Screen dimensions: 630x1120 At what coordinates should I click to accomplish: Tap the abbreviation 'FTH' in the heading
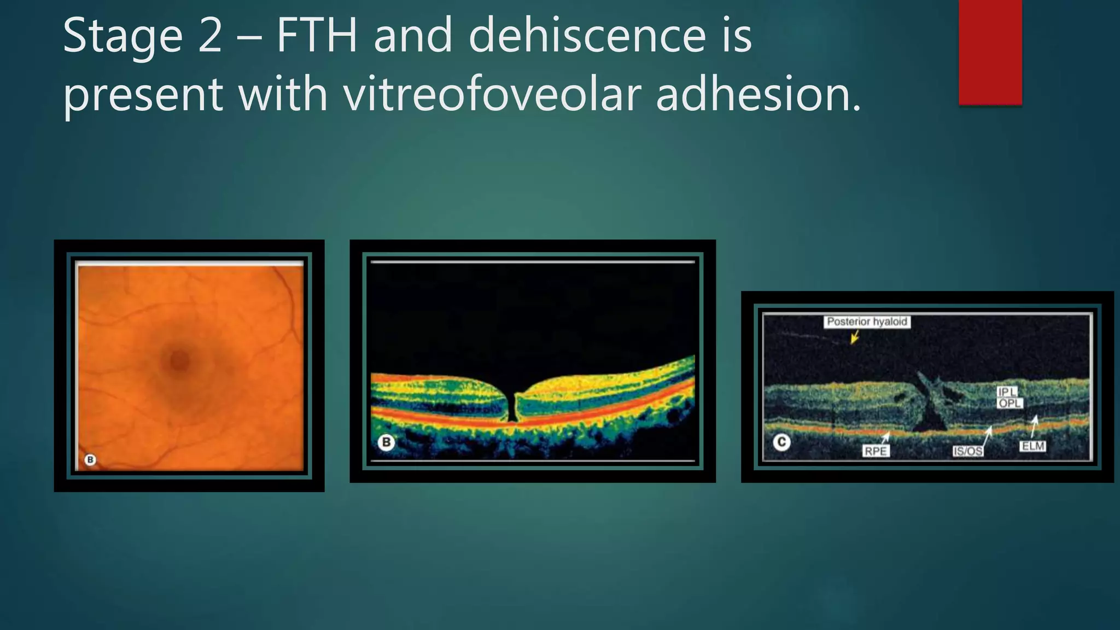click(317, 36)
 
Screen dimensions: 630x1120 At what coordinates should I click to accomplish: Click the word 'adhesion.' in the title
click(758, 94)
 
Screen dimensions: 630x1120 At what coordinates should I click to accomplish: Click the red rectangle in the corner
click(990, 52)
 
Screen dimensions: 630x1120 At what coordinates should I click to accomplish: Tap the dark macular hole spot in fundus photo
click(179, 360)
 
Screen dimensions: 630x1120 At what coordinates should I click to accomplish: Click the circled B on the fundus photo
click(91, 459)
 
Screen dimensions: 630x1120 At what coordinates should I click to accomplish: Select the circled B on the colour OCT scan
click(386, 442)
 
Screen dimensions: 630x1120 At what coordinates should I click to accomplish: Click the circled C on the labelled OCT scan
click(781, 442)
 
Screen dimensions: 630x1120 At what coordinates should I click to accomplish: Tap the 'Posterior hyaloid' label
click(867, 322)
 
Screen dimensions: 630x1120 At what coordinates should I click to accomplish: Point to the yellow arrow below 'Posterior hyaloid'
click(855, 338)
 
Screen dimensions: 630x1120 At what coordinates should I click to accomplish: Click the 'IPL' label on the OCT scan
click(1007, 392)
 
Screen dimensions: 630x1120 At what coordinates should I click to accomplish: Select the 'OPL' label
click(1010, 403)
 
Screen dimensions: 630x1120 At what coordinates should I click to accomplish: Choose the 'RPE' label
click(875, 451)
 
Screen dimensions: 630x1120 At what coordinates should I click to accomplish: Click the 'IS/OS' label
click(967, 451)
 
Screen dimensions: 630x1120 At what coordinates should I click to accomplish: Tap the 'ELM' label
click(1033, 446)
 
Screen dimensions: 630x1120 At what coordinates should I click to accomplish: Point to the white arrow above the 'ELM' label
click(1034, 426)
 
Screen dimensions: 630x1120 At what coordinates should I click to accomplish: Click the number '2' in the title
click(210, 36)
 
